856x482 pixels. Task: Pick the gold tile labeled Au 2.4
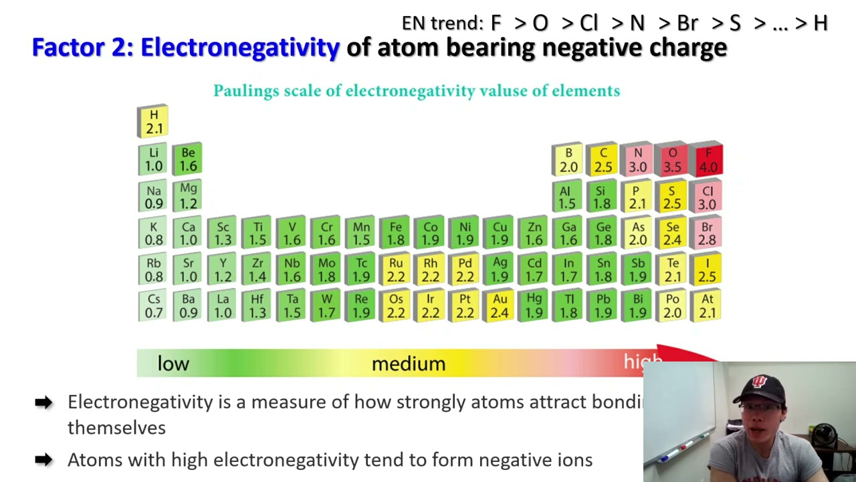500,306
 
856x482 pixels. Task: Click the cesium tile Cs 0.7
154,306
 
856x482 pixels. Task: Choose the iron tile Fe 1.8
395,234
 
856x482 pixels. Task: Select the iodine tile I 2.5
708,270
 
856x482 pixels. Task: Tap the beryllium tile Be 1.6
188,159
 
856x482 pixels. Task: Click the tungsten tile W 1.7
326,306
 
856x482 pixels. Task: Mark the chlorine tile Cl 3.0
708,197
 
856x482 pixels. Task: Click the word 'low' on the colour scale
173,364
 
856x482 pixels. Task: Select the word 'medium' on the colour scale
408,364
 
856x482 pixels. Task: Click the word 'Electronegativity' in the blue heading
240,48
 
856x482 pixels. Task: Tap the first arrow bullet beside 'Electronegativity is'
43,402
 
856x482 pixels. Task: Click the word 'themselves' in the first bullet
116,428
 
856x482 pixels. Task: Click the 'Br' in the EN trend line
687,23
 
